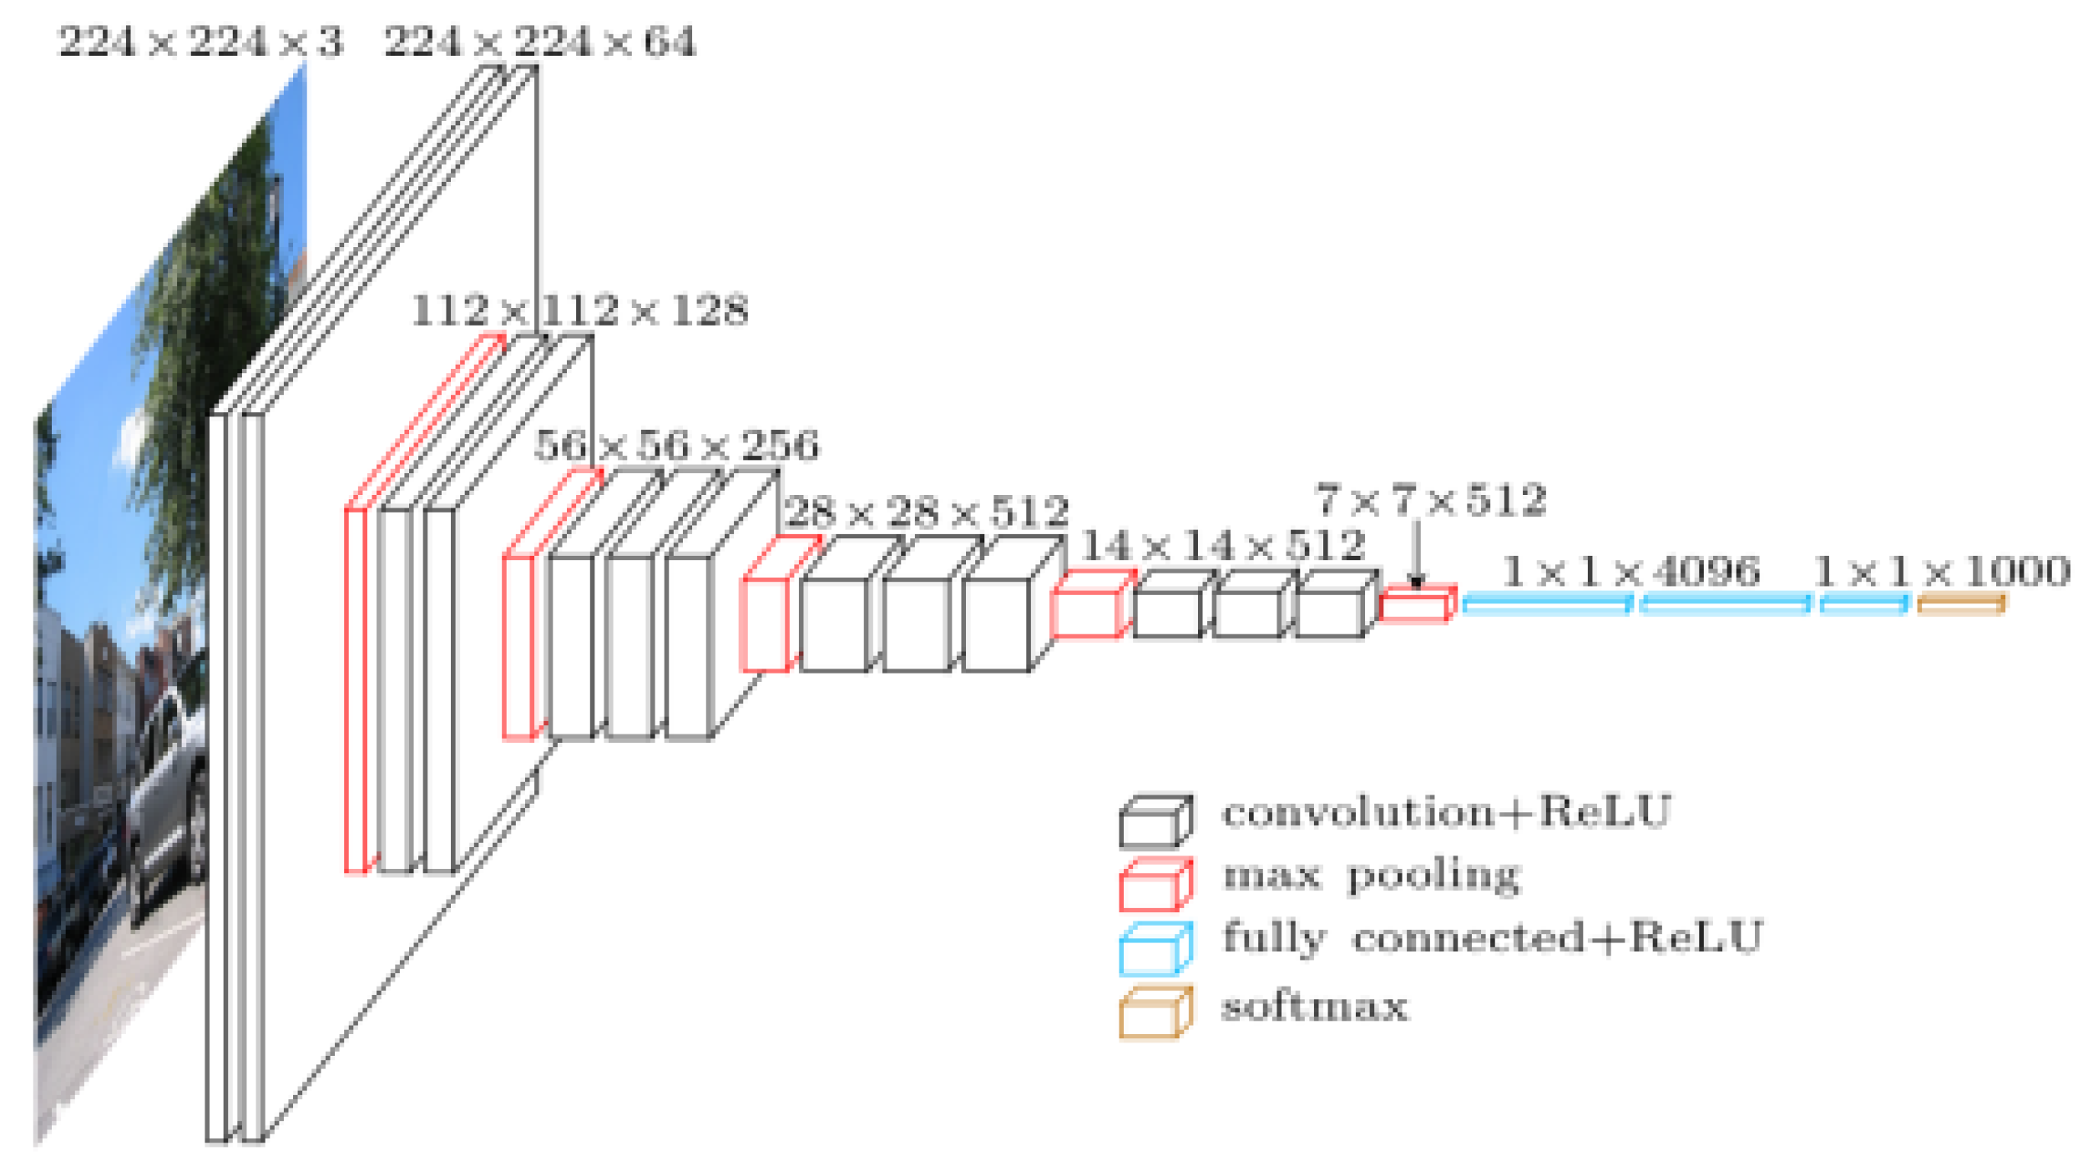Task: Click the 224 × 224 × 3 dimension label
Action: pos(200,42)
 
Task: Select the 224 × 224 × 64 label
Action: pos(539,42)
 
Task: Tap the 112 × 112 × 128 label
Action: pos(579,310)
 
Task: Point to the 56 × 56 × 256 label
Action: pos(677,445)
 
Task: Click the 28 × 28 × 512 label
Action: pos(926,512)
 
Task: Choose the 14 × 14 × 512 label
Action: pos(1223,546)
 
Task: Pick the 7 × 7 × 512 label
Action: pos(1430,500)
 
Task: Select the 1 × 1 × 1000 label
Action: pos(1941,572)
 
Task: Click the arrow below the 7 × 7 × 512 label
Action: pos(1416,554)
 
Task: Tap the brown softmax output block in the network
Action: pos(1960,604)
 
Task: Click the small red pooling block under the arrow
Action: pos(1416,603)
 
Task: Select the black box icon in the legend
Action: pos(1155,821)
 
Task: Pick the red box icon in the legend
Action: pos(1155,885)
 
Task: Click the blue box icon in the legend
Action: pos(1155,949)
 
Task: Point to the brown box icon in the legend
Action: pos(1155,1012)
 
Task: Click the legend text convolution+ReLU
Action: pos(1446,811)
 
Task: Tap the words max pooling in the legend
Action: pos(1371,876)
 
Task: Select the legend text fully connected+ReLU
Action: pos(1492,937)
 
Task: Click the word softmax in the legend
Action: pos(1314,1007)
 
